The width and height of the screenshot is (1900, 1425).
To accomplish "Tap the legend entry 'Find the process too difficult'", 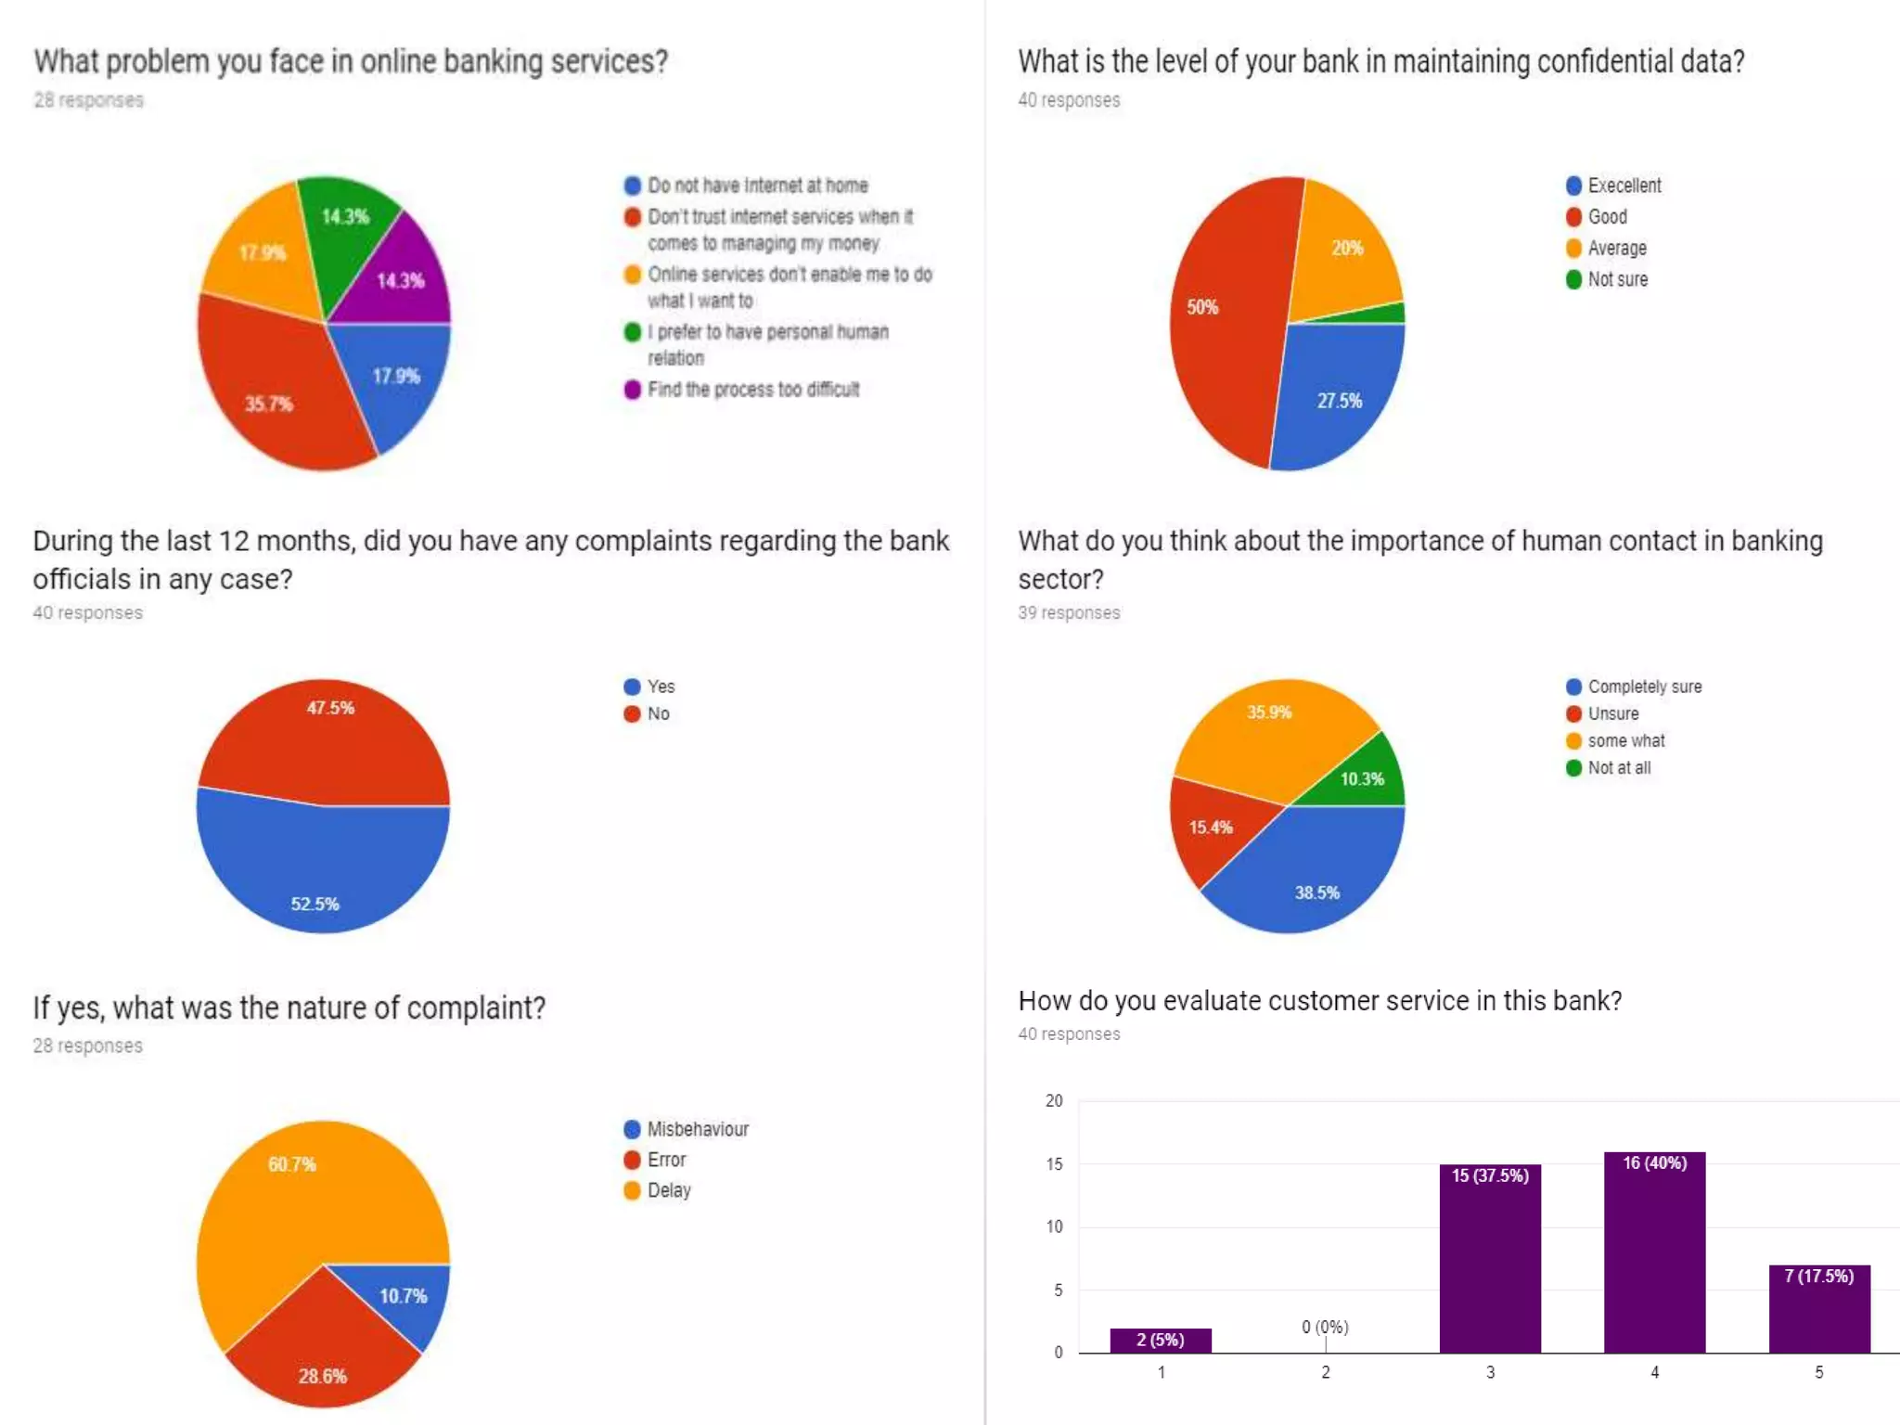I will (x=752, y=390).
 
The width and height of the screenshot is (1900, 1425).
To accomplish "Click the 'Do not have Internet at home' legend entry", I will (x=757, y=186).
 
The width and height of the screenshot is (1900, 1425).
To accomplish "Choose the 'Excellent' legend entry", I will (x=1624, y=186).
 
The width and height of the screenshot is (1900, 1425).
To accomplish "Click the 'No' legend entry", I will (x=658, y=713).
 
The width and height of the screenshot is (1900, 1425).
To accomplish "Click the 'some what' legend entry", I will (x=1625, y=740).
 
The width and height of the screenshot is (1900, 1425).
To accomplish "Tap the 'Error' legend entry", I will (x=666, y=1160).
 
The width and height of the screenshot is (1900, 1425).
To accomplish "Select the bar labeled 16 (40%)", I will (x=1654, y=1252).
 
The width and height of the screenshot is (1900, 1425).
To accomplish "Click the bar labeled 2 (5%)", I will (x=1160, y=1340).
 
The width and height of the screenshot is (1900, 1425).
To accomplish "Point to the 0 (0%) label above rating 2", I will (x=1325, y=1327).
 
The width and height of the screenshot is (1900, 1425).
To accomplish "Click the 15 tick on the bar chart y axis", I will (x=1054, y=1163).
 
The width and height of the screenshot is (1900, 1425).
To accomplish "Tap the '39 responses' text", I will (x=1069, y=612).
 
